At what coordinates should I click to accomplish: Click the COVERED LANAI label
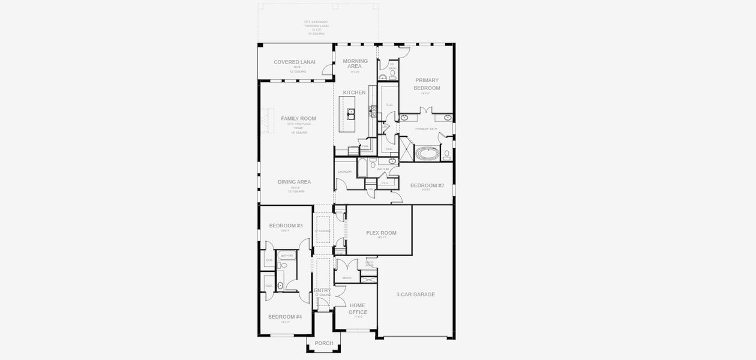point(295,62)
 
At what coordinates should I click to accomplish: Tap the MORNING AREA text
point(355,64)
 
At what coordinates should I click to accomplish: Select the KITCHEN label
point(354,92)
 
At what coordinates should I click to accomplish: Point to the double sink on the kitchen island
point(350,112)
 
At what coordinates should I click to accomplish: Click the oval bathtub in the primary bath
point(428,153)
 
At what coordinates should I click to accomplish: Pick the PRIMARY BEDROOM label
point(427,84)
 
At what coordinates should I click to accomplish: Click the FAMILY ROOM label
point(298,118)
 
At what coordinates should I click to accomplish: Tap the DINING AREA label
point(294,182)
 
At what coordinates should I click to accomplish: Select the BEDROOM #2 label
point(427,185)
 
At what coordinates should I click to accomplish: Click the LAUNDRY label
point(344,172)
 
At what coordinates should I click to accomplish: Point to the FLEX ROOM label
point(381,233)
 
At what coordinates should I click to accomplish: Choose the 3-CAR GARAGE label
point(415,295)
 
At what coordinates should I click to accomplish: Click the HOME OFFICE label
point(358,308)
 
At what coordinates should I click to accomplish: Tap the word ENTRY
point(322,290)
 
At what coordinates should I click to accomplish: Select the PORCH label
point(323,343)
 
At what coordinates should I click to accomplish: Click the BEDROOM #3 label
point(286,226)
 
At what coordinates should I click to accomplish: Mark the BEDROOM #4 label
point(285,316)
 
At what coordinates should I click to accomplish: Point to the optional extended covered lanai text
point(316,28)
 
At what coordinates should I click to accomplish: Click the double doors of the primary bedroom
point(427,110)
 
